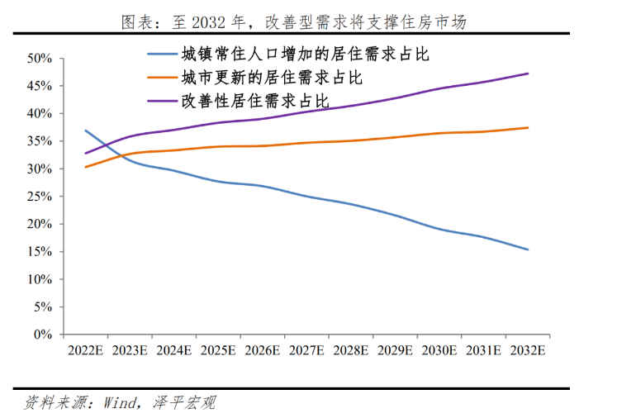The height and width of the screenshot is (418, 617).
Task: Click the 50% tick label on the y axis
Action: pos(40,59)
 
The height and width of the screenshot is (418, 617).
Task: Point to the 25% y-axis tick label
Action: pos(40,197)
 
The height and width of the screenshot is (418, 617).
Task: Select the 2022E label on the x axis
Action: pos(85,350)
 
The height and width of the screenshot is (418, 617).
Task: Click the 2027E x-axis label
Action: pos(306,350)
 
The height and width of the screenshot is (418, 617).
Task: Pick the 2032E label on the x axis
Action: pos(528,350)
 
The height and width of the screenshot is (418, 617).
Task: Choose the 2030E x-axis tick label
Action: pos(439,350)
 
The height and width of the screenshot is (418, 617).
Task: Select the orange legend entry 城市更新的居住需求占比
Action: pos(272,78)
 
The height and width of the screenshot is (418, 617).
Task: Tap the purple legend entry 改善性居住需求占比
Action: pos(255,101)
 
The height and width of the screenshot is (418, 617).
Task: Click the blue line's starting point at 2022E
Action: pos(85,131)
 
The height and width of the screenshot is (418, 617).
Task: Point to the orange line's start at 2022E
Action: pos(85,167)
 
